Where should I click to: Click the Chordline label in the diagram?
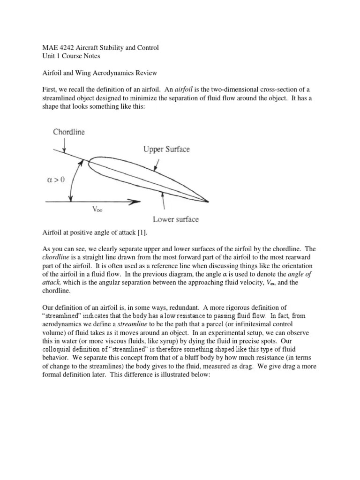click(69, 132)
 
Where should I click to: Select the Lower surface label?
click(175, 219)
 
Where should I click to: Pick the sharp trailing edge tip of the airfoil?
click(208, 202)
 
